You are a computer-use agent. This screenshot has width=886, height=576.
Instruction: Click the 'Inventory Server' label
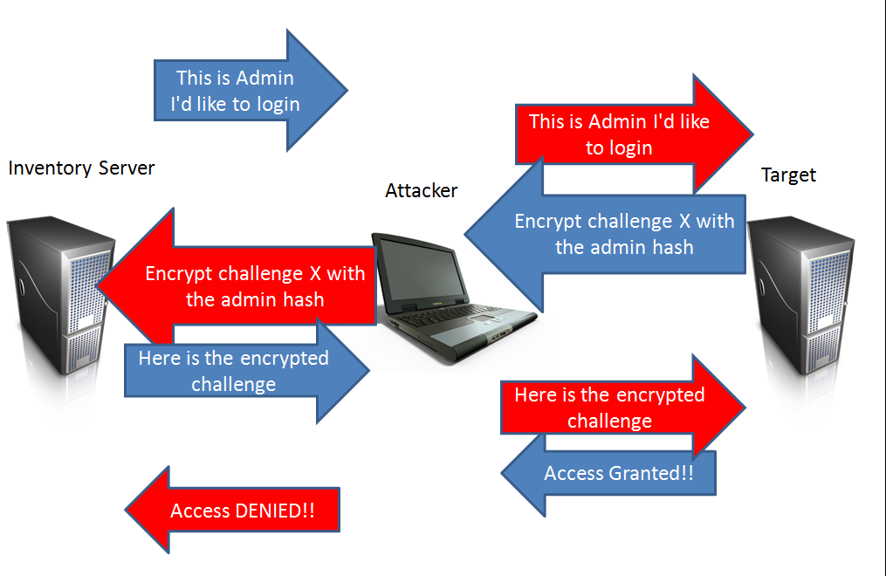81,168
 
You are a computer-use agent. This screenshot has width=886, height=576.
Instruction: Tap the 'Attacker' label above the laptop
421,190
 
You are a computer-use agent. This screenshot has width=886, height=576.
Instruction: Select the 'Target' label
788,175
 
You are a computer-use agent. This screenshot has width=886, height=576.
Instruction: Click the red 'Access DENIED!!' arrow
236,511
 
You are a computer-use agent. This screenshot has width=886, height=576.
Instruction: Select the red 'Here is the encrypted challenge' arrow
611,408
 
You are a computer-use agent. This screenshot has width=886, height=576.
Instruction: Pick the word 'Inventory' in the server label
51,168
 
